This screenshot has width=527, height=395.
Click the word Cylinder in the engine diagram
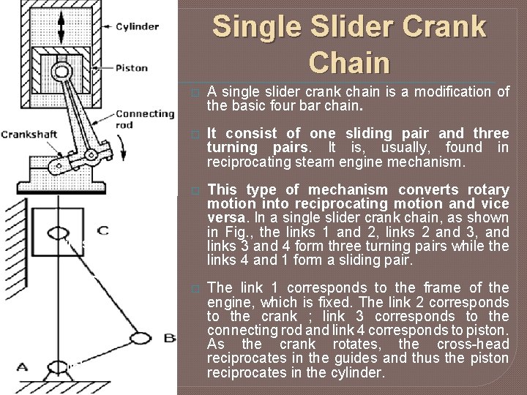coord(138,26)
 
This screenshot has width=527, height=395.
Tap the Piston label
coord(132,68)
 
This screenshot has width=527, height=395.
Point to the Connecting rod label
coord(144,118)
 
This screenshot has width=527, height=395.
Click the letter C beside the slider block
coord(102,231)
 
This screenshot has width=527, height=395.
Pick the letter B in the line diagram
coord(170,337)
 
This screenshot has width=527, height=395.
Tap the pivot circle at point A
coord(58,366)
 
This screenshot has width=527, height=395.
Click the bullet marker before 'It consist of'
coord(194,135)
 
